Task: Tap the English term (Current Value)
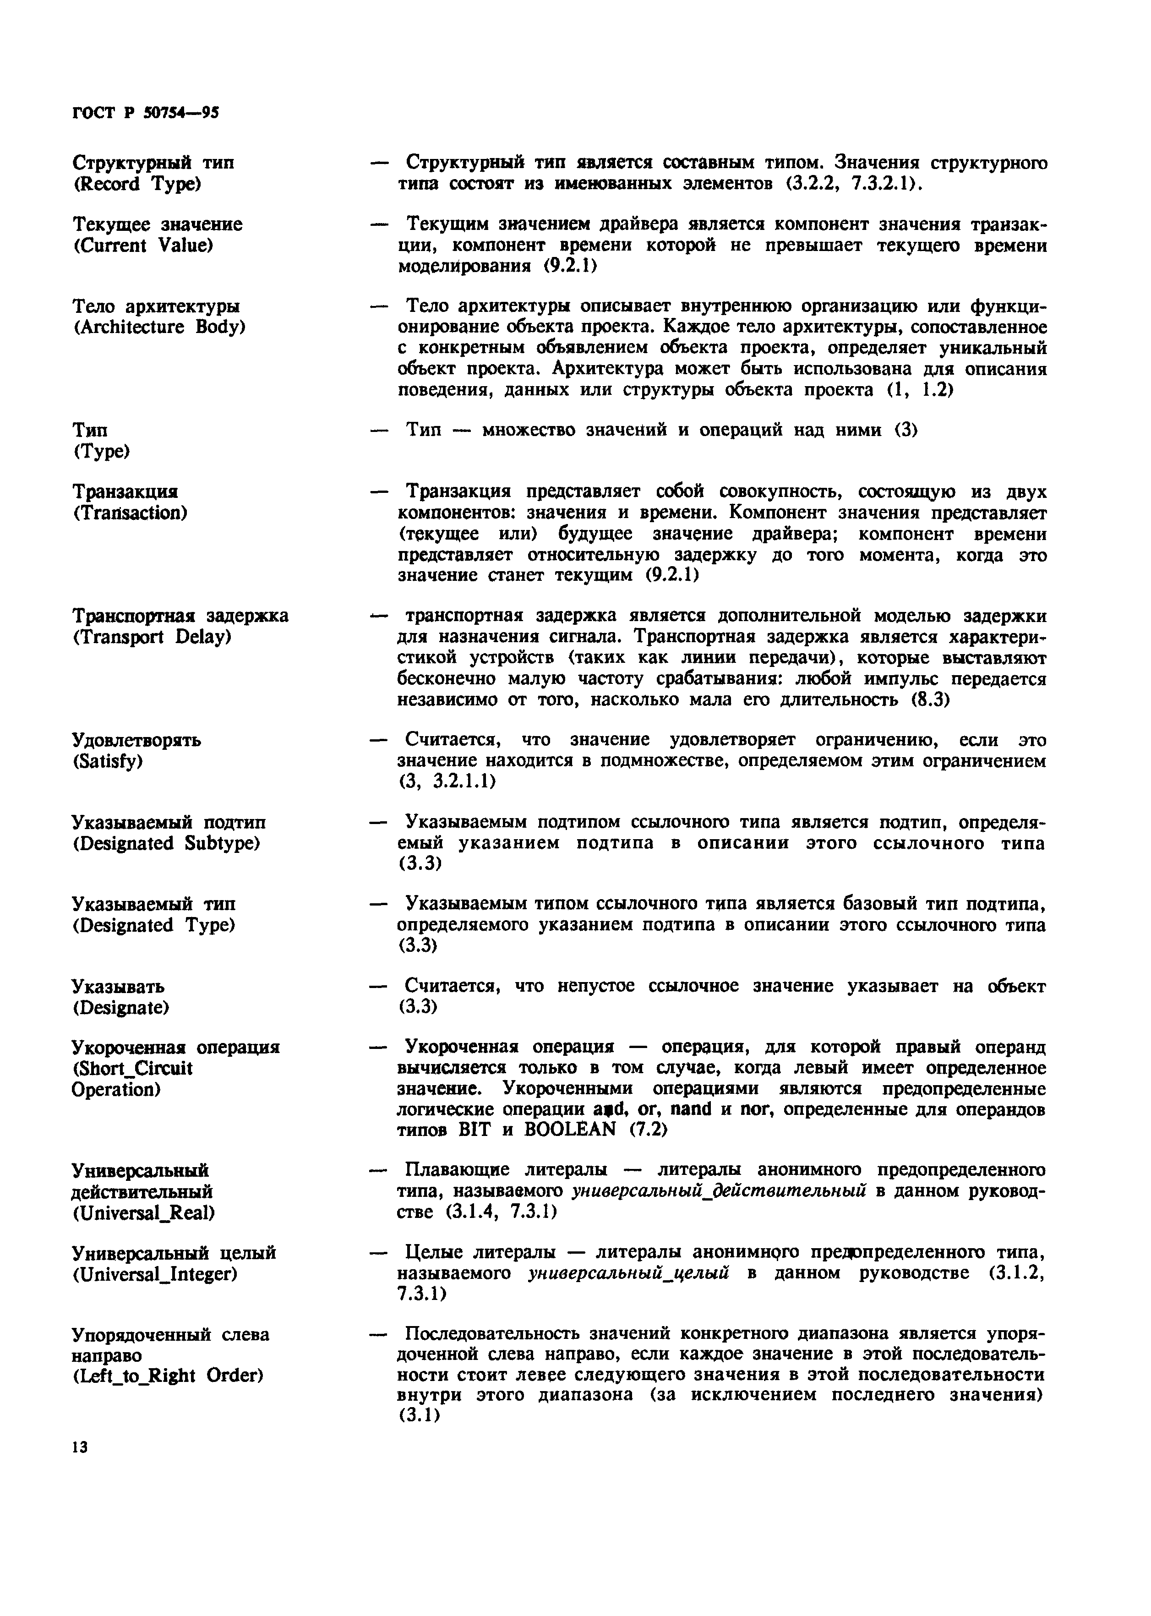(x=143, y=246)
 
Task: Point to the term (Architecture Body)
(x=159, y=328)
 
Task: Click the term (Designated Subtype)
(x=167, y=843)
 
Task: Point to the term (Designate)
(x=120, y=1008)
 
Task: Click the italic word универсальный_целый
(x=629, y=1274)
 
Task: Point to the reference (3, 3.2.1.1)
(x=447, y=782)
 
